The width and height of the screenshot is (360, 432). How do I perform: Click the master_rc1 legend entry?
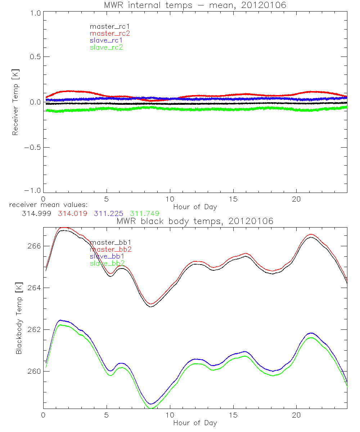(106, 26)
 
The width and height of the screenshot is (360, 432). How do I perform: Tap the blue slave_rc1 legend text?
(106, 40)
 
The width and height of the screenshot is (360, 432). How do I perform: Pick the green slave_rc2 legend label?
(106, 47)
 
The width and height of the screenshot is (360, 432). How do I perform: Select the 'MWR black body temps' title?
(195, 221)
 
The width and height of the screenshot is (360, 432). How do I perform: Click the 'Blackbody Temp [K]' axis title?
(19, 318)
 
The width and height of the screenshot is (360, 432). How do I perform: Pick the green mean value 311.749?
(145, 213)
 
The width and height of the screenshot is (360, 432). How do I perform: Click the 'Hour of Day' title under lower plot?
(195, 423)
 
